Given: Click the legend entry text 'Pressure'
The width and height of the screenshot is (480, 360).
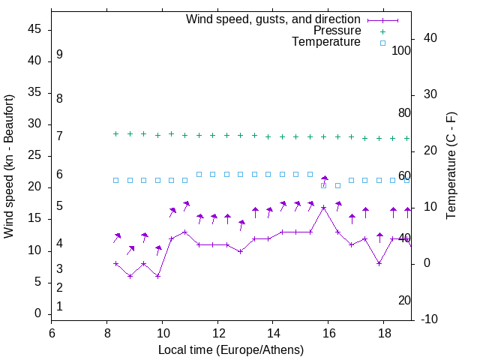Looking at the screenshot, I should (338, 31).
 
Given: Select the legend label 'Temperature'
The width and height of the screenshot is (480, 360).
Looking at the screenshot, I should (326, 42).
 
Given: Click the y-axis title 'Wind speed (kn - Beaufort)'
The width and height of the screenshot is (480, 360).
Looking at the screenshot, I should (9, 166).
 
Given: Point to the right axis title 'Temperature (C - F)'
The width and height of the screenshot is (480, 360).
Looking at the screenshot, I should (451, 166).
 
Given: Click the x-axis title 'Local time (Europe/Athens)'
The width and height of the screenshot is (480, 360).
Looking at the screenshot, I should (231, 349).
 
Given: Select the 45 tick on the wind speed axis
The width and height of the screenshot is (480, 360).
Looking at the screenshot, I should (34, 30).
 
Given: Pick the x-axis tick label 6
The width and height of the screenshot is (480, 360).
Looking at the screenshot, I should (52, 332).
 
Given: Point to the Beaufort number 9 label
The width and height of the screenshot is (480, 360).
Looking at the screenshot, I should (59, 55).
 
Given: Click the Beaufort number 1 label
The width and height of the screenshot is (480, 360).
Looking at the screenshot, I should (59, 306).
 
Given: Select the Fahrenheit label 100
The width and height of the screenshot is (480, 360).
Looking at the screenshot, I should (401, 51).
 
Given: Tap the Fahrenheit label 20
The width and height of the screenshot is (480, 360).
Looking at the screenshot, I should (404, 300).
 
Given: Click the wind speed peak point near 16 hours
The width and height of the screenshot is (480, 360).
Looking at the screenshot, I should (323, 207).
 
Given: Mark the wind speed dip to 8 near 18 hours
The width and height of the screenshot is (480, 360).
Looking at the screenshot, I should (379, 263).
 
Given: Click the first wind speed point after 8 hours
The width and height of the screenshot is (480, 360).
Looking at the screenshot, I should (115, 263).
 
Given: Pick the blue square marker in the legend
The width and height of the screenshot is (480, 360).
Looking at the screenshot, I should (382, 43).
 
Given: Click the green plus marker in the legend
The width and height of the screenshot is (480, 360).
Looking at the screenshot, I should (382, 31).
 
